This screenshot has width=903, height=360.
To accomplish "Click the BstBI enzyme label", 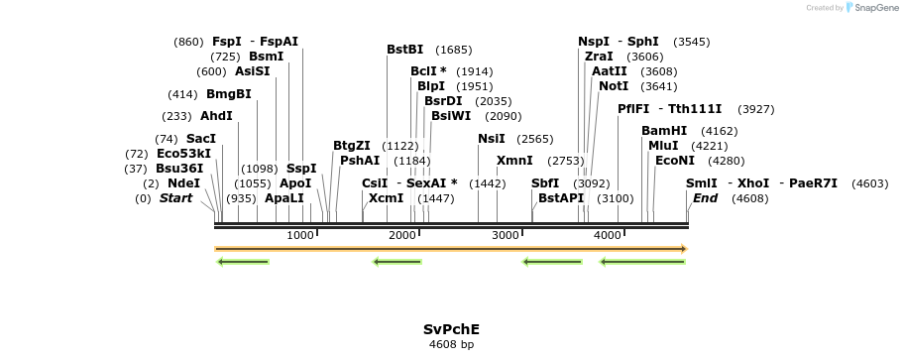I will tap(404, 50).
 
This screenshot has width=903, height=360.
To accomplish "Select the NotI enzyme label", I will tap(613, 86).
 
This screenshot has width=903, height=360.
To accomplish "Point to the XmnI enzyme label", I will tap(514, 161).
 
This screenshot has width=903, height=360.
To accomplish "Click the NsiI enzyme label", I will tap(491, 139).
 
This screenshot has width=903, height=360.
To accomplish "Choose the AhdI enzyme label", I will tap(216, 116).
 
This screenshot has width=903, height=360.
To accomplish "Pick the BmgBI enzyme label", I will tap(228, 94).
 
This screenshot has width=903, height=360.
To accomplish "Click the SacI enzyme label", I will tap(200, 139).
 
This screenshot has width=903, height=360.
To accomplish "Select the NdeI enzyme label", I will tap(183, 183).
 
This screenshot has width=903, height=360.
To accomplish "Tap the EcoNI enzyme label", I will tap(674, 161).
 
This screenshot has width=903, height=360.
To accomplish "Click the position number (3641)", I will tap(659, 86).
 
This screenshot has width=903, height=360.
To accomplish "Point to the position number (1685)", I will tap(453, 50).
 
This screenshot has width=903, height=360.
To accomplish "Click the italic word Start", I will tap(175, 198).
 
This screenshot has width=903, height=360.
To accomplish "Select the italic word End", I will tap(705, 198).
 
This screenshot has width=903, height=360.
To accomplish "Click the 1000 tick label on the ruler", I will tap(299, 235).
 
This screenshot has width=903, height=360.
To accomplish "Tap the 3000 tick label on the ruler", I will tap(506, 235).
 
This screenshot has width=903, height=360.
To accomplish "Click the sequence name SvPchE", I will tap(451, 328).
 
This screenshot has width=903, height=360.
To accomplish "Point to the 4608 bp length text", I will tap(451, 345).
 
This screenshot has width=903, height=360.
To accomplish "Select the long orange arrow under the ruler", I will tap(451, 249).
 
